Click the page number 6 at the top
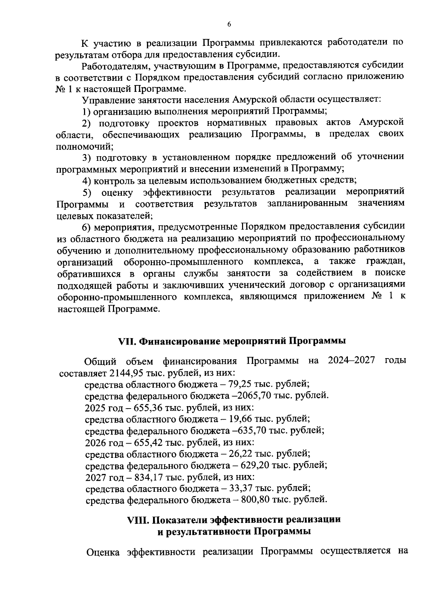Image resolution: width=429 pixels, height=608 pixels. click(x=229, y=24)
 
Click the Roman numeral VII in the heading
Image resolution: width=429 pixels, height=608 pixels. click(x=126, y=341)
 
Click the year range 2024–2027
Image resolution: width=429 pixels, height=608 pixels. click(x=351, y=361)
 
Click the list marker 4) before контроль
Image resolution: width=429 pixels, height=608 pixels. click(x=87, y=180)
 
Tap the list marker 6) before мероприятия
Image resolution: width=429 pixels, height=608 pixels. click(x=87, y=227)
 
